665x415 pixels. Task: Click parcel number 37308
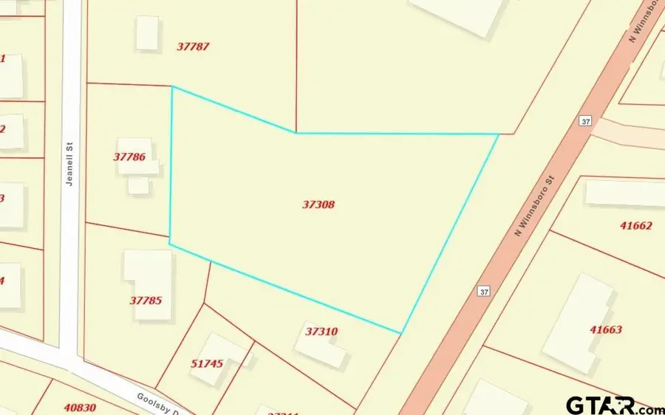pyautogui.click(x=318, y=205)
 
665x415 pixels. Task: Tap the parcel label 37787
pyautogui.click(x=193, y=46)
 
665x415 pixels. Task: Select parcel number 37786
pyautogui.click(x=129, y=157)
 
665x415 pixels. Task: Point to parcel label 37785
pyautogui.click(x=146, y=301)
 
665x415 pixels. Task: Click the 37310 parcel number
pyautogui.click(x=321, y=332)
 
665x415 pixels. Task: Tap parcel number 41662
pyautogui.click(x=636, y=225)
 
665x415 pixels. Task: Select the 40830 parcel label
pyautogui.click(x=80, y=406)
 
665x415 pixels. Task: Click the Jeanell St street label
pyautogui.click(x=70, y=168)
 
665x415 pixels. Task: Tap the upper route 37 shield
pyautogui.click(x=585, y=121)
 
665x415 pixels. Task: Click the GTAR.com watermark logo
pyautogui.click(x=614, y=405)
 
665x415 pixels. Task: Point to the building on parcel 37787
pyautogui.click(x=147, y=33)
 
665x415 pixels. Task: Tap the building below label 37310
pyautogui.click(x=322, y=346)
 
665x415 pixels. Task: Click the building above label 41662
pyautogui.click(x=625, y=193)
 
